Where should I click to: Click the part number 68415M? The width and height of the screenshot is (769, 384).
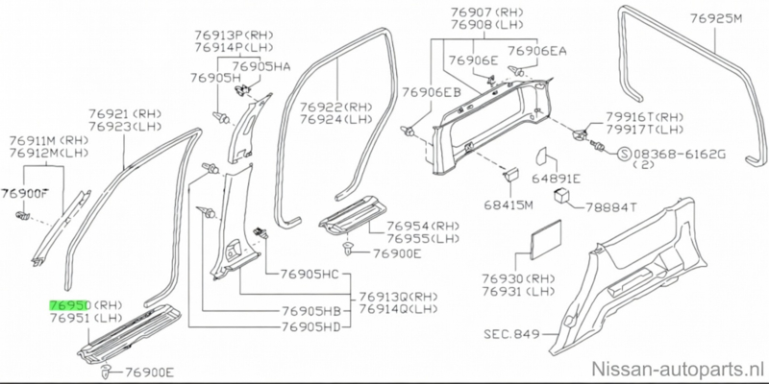[506, 206]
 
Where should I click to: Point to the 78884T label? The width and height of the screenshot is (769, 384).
[608, 206]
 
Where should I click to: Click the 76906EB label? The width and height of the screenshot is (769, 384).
[430, 92]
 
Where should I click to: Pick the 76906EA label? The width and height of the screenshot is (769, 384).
[537, 50]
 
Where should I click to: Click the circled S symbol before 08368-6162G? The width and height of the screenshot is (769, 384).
[623, 153]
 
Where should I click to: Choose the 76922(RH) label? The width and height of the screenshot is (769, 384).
[335, 108]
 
